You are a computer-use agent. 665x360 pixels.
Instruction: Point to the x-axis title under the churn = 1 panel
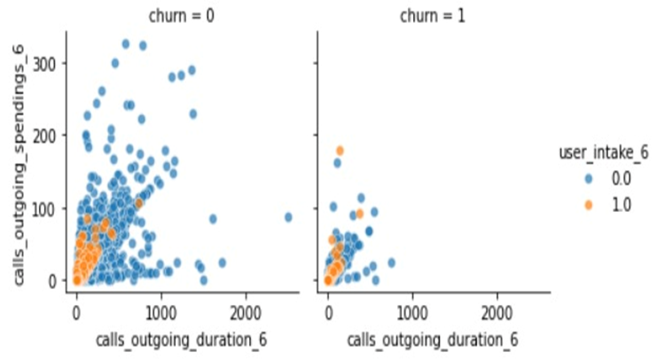tap(434, 340)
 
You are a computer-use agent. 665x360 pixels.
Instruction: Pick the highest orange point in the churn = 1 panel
tap(340, 151)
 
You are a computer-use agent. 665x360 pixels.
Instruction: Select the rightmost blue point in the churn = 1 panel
tap(391, 262)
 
